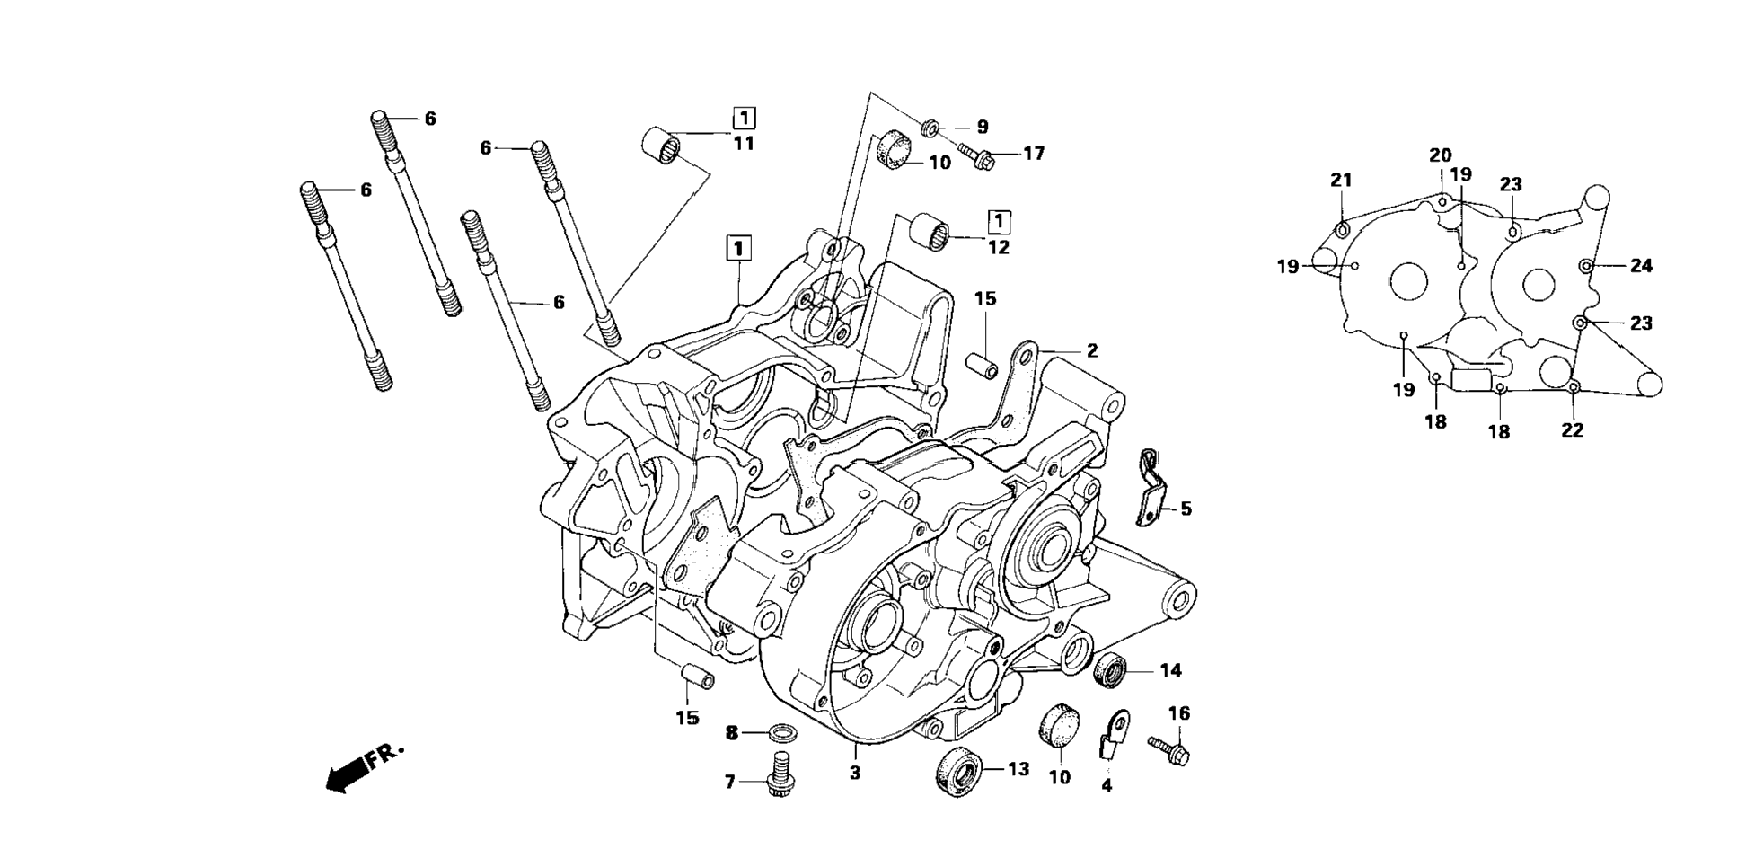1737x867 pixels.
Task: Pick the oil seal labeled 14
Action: click(x=1111, y=671)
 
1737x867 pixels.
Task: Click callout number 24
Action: click(x=1641, y=266)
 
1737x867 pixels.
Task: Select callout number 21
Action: click(x=1341, y=181)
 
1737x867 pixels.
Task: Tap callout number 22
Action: click(x=1572, y=430)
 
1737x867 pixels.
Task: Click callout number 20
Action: click(x=1440, y=155)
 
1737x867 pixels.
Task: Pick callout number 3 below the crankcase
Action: click(x=855, y=773)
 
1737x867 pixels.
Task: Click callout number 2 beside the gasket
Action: click(x=1091, y=351)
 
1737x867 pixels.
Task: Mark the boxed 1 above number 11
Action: click(x=744, y=119)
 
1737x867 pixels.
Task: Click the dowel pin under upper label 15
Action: click(x=983, y=367)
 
